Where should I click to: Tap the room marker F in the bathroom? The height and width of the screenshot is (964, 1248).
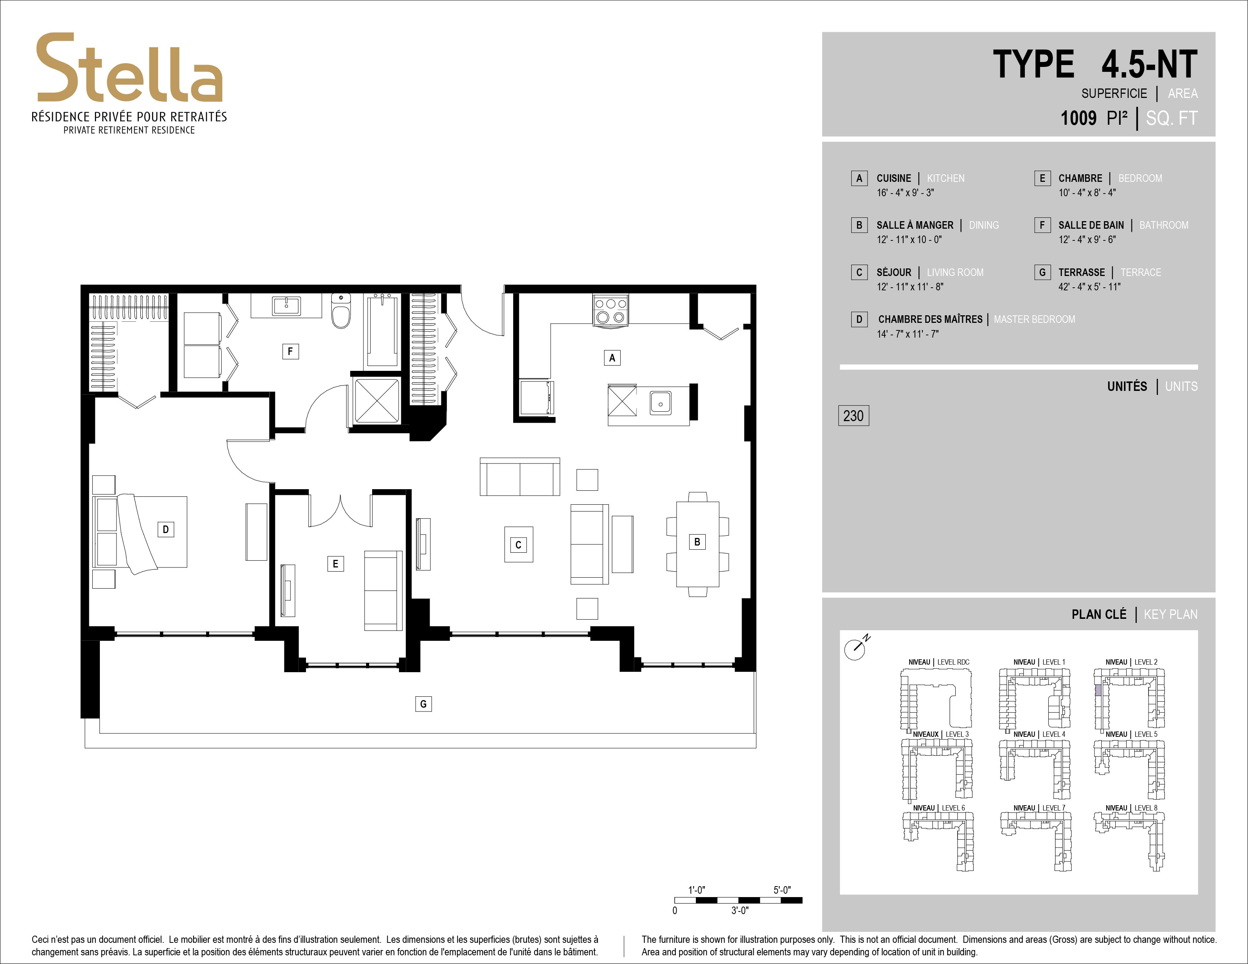(x=290, y=351)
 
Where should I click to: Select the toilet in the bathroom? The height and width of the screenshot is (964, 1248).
(x=341, y=311)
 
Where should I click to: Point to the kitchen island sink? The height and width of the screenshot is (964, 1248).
(x=660, y=404)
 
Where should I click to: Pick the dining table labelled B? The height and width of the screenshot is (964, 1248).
(x=697, y=544)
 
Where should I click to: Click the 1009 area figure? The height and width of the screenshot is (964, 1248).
(x=1078, y=118)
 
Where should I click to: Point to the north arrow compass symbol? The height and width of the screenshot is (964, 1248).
(x=856, y=648)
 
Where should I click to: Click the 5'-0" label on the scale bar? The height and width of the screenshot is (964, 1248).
(x=782, y=890)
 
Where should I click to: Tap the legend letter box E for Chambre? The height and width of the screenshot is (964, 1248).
(x=1042, y=178)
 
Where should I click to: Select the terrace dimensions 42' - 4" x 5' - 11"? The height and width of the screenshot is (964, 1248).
(x=1089, y=287)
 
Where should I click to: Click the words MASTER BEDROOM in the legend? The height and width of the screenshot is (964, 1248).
(x=1034, y=319)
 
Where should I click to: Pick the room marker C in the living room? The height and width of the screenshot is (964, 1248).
(x=518, y=544)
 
